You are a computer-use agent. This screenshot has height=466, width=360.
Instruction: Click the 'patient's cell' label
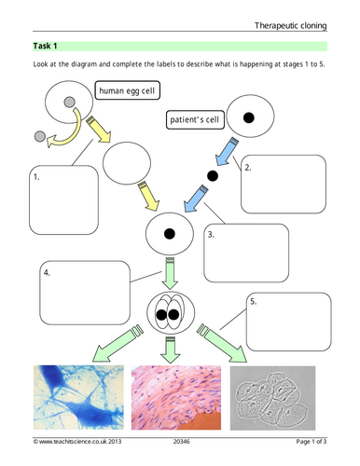click(195, 119)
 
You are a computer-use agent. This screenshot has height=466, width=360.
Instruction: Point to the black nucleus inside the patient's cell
click(249, 118)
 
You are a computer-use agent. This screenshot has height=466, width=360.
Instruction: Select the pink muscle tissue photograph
click(172, 395)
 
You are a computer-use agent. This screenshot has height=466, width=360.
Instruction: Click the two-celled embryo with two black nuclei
click(171, 314)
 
